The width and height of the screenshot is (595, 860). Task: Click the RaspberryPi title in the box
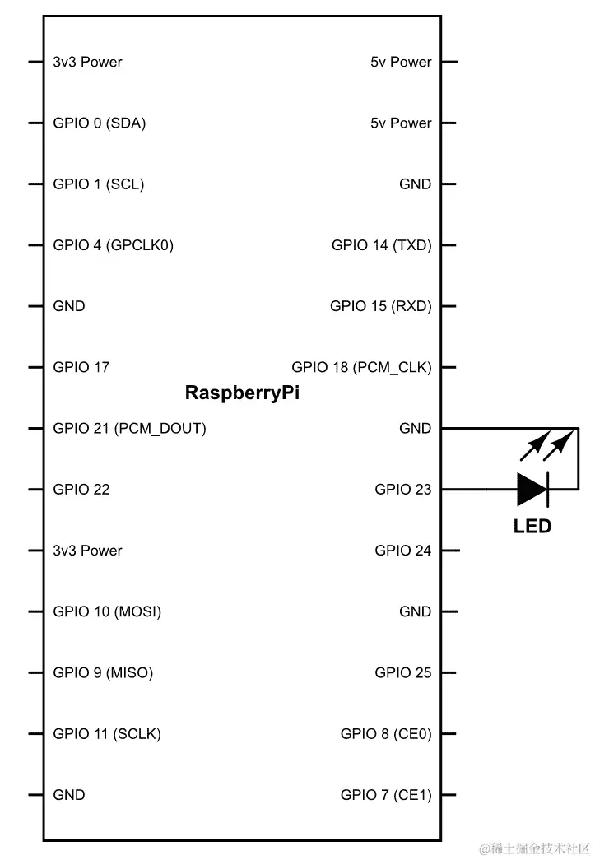242,393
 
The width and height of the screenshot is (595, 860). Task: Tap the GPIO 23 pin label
402,490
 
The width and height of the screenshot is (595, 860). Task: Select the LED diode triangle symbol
532,490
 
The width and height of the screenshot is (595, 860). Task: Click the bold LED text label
532,526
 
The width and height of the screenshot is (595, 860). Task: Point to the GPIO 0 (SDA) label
100,123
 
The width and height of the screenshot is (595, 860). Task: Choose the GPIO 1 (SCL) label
98,184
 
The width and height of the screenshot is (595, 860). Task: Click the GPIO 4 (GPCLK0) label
113,245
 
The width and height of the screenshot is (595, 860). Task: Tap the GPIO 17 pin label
81,367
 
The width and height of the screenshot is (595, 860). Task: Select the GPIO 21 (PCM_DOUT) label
129,429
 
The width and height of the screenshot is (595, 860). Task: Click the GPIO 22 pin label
81,490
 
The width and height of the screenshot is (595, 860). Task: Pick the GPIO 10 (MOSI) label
107,611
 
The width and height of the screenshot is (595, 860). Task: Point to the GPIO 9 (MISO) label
103,672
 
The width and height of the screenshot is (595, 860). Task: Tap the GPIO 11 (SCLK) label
107,734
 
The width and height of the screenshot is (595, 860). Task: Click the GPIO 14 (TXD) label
381,245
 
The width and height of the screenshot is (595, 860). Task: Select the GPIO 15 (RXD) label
380,306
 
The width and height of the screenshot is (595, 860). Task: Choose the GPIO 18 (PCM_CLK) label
361,367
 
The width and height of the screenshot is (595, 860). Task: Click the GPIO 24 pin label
402,551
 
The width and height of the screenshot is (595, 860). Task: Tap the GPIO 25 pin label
402,672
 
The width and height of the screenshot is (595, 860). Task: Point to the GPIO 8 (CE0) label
385,734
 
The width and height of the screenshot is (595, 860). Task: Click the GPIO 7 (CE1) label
385,795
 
